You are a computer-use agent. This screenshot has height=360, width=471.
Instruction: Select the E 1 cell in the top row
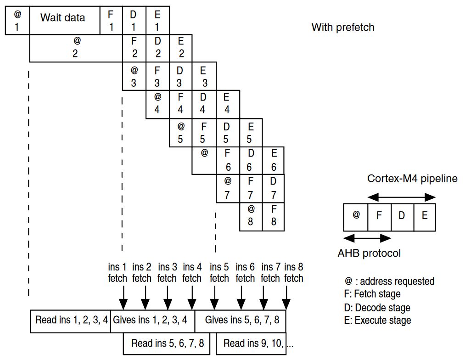pyautogui.click(x=157, y=21)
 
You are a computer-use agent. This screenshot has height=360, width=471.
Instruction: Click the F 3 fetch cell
pyautogui.click(x=157, y=77)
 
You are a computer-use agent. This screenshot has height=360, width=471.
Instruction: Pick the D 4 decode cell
pyautogui.click(x=203, y=104)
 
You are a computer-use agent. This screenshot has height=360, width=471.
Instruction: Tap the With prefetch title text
pyautogui.click(x=343, y=27)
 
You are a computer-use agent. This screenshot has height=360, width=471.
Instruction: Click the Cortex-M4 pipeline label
pyautogui.click(x=412, y=179)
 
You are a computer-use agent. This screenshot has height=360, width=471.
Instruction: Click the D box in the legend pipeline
pyautogui.click(x=402, y=217)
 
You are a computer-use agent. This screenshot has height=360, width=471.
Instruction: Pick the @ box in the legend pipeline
pyautogui.click(x=356, y=217)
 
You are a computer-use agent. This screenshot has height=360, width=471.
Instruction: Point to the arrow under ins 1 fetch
pyautogui.click(x=123, y=298)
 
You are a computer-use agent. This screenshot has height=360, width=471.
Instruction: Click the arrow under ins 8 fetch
pyautogui.click(x=286, y=298)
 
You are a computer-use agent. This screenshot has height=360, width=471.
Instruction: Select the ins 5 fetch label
pyautogui.click(x=219, y=272)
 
